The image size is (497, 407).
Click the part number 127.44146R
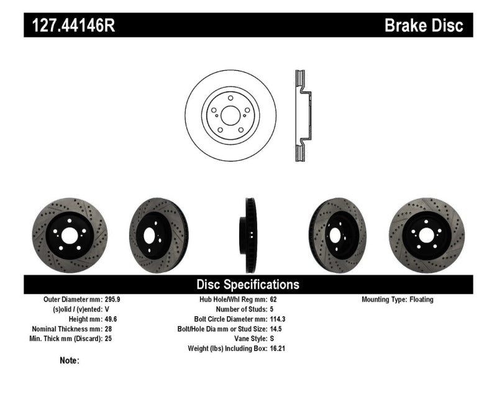69,25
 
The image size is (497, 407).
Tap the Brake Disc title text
424,25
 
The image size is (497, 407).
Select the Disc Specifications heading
248,285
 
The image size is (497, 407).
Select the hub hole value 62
274,300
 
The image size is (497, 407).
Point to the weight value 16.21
278,349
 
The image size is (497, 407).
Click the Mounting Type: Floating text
398,300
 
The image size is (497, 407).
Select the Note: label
70,360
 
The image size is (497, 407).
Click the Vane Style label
248,339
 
